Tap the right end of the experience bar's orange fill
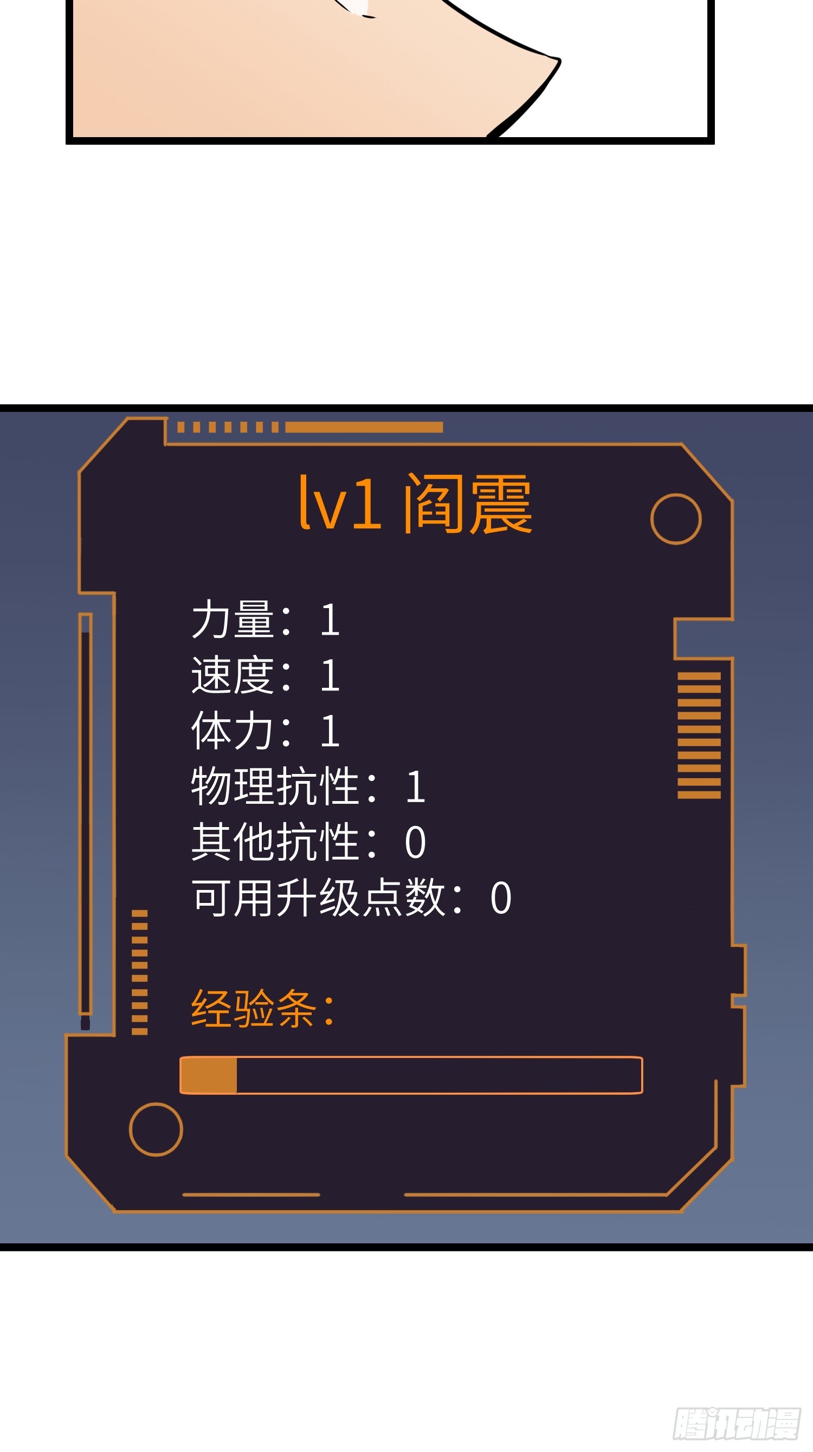tap(236, 1075)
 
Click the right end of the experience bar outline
tap(643, 1075)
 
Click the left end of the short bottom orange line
tap(183, 1195)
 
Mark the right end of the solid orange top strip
tap(443, 427)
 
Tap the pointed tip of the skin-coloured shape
tap(559, 59)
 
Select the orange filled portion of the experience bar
tap(209, 1075)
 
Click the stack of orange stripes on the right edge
tap(699, 735)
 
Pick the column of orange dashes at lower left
tap(139, 972)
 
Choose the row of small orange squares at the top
tap(228, 427)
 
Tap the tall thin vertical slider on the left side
tap(85, 820)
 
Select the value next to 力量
tap(331, 620)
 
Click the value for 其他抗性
tap(416, 843)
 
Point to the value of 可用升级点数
tap(501, 898)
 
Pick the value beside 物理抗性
tap(416, 787)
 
